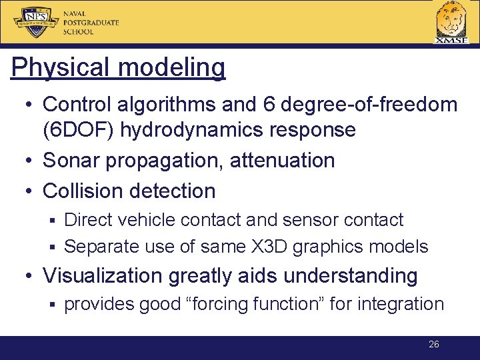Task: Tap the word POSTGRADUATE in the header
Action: [91, 23]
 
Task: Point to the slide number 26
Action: [433, 345]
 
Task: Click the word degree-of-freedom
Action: [370, 104]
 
